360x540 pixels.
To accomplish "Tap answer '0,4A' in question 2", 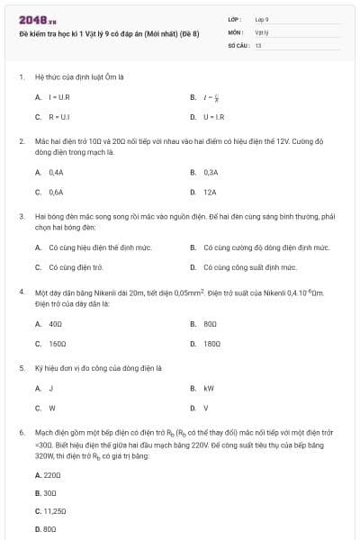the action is [56, 171].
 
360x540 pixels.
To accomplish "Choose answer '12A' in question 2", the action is [210, 192].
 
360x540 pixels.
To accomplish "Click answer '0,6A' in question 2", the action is [56, 192].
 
